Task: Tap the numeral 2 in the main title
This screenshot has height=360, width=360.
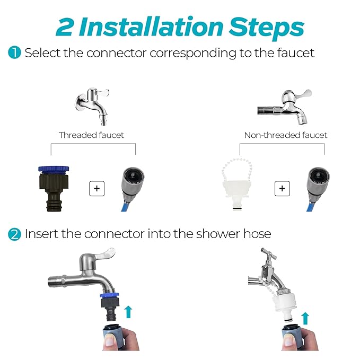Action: [65, 27]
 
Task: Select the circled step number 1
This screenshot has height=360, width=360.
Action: [14, 52]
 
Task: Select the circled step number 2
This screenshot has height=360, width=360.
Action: [14, 234]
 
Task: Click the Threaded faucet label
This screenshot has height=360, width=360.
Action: [91, 135]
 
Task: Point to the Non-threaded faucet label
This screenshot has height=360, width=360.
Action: [286, 135]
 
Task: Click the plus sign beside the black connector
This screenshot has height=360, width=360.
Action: [96, 189]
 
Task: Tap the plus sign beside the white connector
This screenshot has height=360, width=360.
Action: [282, 189]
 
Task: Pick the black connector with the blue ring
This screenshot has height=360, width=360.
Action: [54, 188]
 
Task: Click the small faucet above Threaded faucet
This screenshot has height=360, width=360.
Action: [92, 106]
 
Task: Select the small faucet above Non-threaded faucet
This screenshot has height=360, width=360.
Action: [285, 107]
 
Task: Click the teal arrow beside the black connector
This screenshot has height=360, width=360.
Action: [128, 312]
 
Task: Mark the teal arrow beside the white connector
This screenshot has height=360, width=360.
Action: [305, 318]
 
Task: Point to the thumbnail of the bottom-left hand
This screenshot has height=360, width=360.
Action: [110, 341]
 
